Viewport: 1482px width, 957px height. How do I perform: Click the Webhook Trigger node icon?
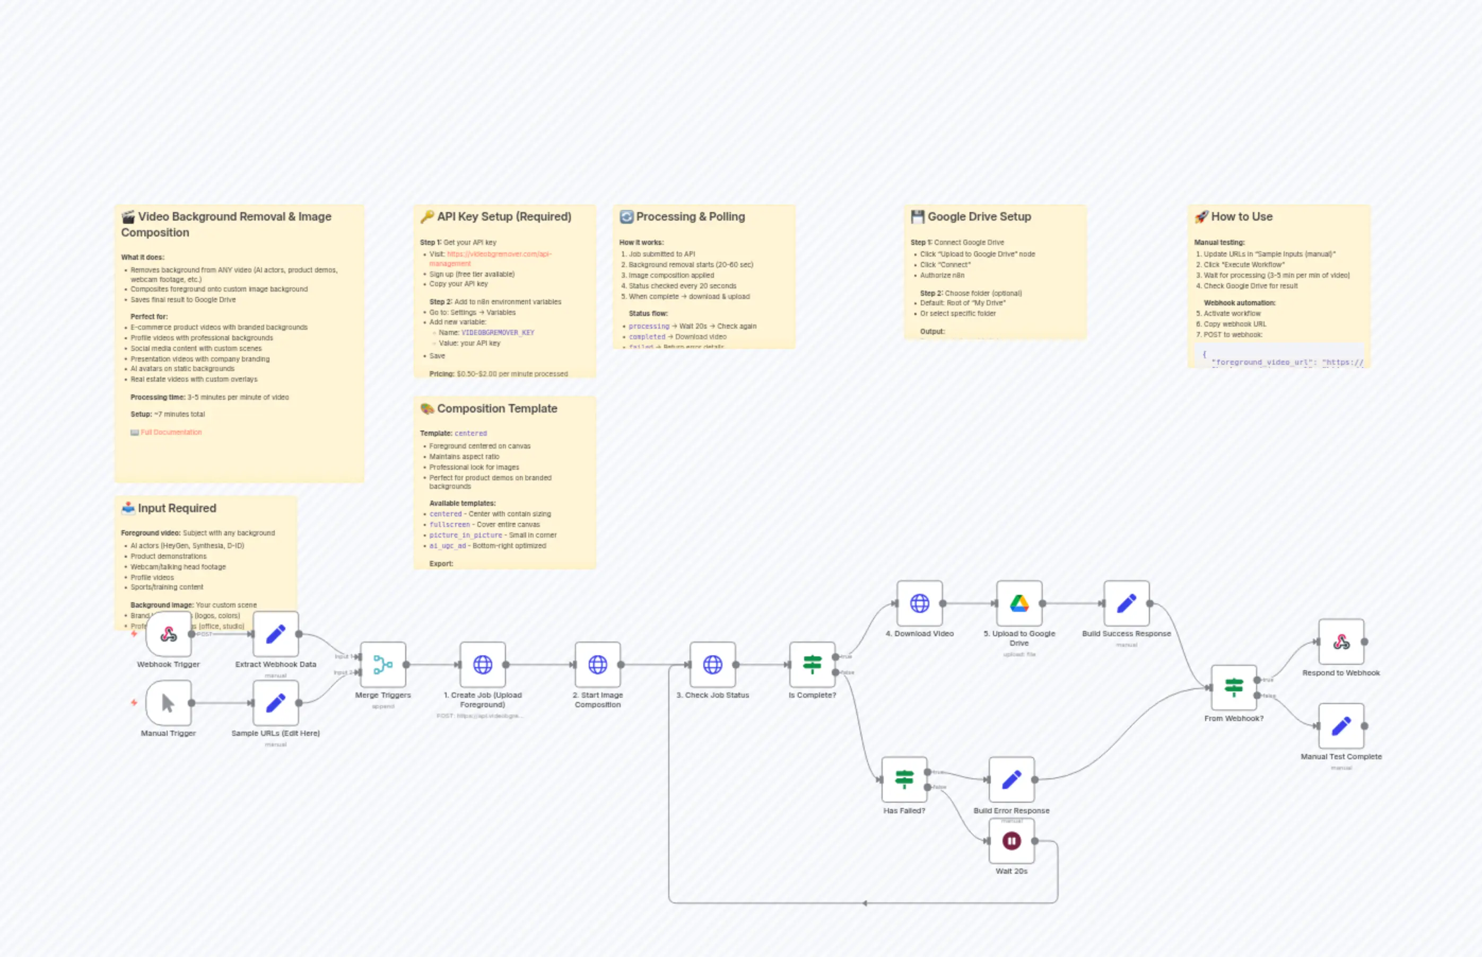coord(169,635)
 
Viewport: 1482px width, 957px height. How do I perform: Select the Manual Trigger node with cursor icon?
coord(169,704)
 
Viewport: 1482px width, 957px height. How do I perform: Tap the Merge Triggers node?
coord(383,665)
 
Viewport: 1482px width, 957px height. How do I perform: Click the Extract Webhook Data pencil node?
coord(275,635)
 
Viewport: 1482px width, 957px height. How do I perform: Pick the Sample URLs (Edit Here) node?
coord(275,704)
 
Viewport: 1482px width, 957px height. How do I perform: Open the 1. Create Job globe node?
coord(482,665)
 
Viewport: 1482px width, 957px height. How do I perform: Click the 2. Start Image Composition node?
coord(597,665)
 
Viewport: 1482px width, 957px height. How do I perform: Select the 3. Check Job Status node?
coord(712,665)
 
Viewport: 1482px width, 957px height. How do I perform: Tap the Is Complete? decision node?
coord(812,665)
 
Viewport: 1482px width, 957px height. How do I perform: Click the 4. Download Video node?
coord(919,603)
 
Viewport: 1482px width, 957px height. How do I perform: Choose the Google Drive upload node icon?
coord(1019,603)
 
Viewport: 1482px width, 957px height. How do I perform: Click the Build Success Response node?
coord(1127,603)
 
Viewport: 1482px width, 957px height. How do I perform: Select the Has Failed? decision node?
coord(904,780)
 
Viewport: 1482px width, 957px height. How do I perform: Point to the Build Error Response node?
coord(1012,780)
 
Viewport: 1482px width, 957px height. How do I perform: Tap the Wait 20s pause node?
coord(1012,841)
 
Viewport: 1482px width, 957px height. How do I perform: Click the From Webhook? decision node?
coord(1234,688)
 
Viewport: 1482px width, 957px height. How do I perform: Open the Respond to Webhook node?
coord(1341,642)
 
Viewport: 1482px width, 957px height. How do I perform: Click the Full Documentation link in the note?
coord(171,433)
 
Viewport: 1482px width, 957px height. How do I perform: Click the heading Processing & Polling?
coord(690,217)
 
